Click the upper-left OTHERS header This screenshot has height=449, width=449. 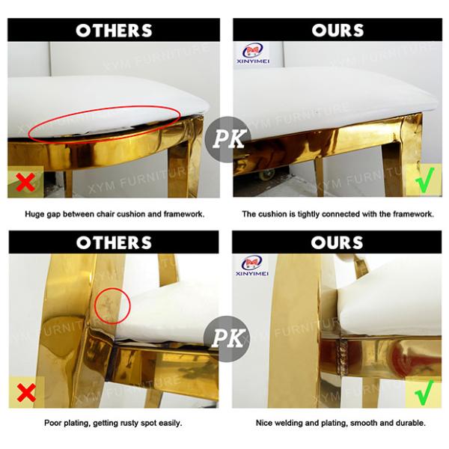tap(114, 30)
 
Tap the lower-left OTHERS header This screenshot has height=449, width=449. tap(114, 242)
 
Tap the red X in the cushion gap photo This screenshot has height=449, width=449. tap(25, 182)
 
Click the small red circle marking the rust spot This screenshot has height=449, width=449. tap(112, 305)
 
